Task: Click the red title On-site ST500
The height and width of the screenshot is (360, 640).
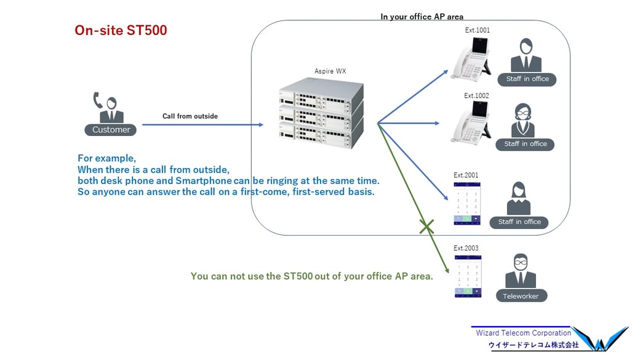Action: (121, 30)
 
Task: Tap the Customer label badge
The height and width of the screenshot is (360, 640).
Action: (111, 130)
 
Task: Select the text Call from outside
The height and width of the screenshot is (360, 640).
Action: (190, 116)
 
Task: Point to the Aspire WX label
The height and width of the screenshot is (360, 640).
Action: (330, 71)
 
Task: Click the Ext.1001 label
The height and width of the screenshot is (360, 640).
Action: (478, 30)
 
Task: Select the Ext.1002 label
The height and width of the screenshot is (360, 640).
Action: (476, 96)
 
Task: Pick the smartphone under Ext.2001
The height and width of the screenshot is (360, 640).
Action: (466, 202)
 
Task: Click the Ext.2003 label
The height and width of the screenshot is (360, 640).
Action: (466, 249)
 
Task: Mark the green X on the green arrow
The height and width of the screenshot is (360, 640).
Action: (426, 226)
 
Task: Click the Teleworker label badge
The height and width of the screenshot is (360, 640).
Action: (521, 296)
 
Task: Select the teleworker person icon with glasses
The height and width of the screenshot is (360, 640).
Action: (521, 270)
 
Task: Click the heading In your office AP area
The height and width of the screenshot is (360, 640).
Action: (422, 17)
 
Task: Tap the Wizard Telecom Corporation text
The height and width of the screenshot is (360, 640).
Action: (523, 333)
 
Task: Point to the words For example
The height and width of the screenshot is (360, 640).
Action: (106, 158)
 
